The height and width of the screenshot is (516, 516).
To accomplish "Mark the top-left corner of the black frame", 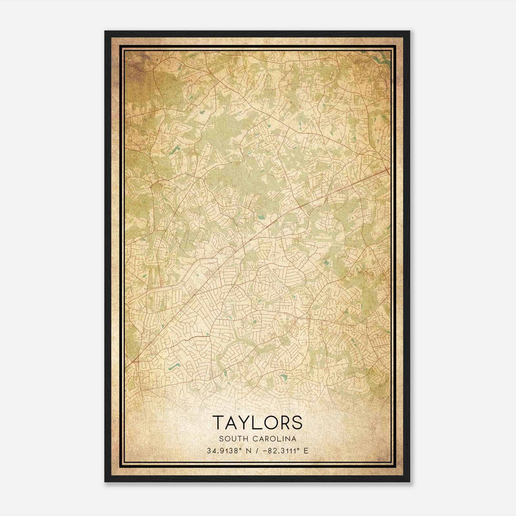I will pos(105,32).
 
